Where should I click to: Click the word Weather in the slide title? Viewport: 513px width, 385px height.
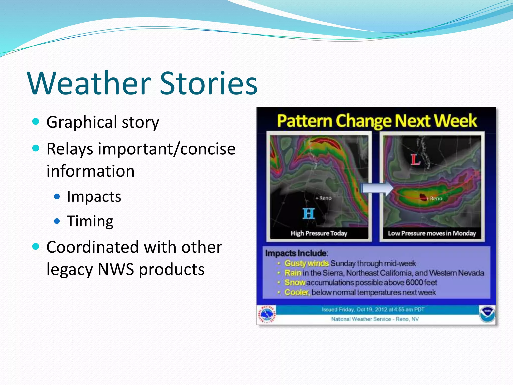[x=89, y=83]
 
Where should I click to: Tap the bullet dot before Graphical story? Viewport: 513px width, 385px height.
[x=36, y=122]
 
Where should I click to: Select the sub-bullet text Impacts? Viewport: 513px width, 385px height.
[x=94, y=197]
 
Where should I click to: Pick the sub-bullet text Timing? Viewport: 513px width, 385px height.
[x=90, y=221]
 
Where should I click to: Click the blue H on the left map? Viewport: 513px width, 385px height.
[x=308, y=214]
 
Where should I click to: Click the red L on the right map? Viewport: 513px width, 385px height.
[x=415, y=160]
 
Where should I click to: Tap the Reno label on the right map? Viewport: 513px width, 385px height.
[x=436, y=199]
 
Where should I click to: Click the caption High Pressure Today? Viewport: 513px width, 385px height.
[x=319, y=233]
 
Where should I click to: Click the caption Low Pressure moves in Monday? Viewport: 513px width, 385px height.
[x=432, y=233]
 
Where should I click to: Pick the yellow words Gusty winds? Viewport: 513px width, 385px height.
[x=306, y=263]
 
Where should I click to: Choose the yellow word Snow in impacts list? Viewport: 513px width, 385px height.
[x=295, y=282]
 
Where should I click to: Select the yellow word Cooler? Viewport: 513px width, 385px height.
[x=297, y=292]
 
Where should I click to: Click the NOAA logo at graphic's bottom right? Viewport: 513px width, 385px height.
[x=487, y=314]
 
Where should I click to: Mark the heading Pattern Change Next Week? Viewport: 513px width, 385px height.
[x=376, y=121]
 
